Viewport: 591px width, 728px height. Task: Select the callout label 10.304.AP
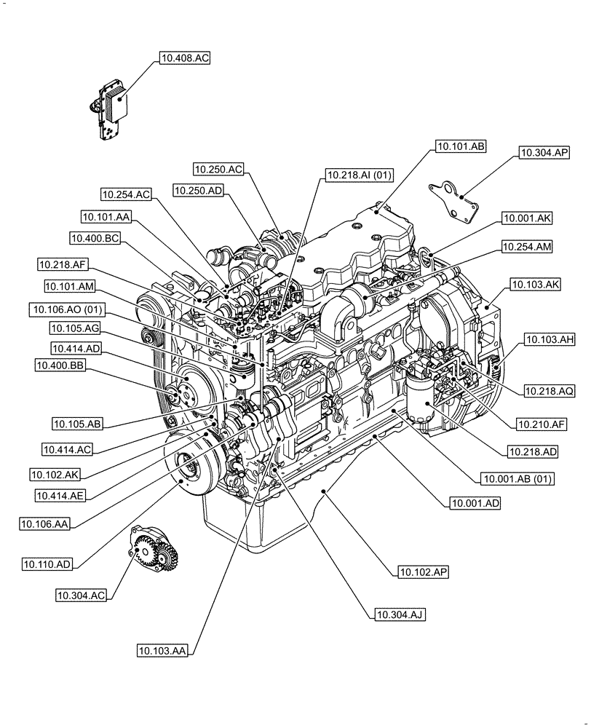[544, 153]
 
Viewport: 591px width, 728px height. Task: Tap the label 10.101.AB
[460, 146]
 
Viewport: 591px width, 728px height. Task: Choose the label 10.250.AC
[218, 169]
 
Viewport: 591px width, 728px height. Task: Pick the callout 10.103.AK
[534, 285]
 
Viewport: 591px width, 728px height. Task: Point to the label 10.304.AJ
[400, 614]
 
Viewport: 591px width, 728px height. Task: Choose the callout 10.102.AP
[423, 572]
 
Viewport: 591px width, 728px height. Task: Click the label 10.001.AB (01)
[517, 478]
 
